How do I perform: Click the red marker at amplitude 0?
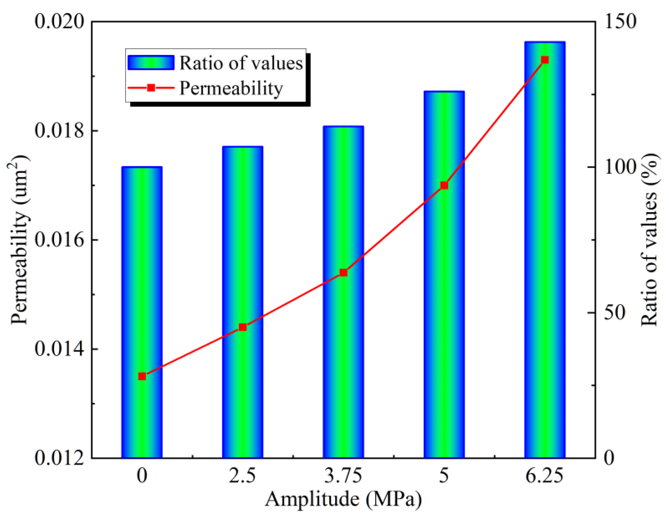coord(142,376)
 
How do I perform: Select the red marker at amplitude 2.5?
coord(243,327)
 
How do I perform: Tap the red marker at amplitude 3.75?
coord(343,273)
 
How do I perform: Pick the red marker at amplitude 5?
coord(444,185)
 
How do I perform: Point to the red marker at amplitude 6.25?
coord(545,60)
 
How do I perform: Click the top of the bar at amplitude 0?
coord(142,167)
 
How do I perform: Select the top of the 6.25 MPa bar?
coord(545,42)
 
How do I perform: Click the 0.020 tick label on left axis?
coord(59,22)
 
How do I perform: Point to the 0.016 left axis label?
coord(59,240)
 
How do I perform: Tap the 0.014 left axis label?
coord(59,349)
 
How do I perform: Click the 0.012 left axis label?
coord(59,458)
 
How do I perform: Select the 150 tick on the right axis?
coord(620,22)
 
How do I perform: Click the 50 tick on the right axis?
coord(614,313)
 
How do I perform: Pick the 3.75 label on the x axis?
coord(343,476)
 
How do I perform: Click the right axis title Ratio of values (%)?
coord(649,240)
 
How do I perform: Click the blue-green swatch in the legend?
coord(151,63)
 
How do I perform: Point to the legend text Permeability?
coord(231,89)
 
